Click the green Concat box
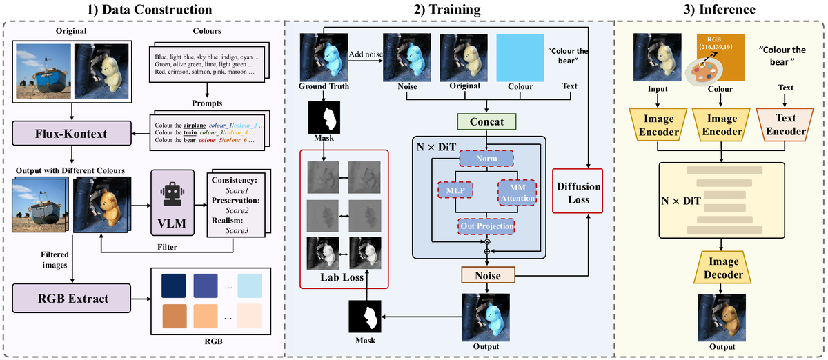(487, 122)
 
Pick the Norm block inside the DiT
(487, 158)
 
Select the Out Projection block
(487, 226)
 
